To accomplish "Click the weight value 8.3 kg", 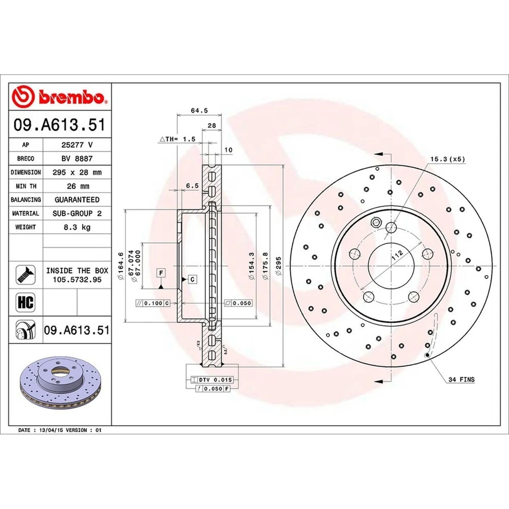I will pyautogui.click(x=77, y=227).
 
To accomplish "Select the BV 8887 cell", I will pyautogui.click(x=77, y=158).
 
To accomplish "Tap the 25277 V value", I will pyautogui.click(x=77, y=144).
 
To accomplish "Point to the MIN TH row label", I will pyautogui.click(x=26, y=186).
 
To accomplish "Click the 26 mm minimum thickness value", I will pyautogui.click(x=77, y=186).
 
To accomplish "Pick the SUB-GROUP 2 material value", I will pyautogui.click(x=77, y=213).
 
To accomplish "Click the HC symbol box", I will pyautogui.click(x=26, y=303).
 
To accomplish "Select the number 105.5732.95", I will pyautogui.click(x=77, y=279).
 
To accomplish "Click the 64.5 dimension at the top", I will pyautogui.click(x=199, y=111).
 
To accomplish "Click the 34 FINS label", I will pyautogui.click(x=461, y=380).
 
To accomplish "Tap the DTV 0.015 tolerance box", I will pyautogui.click(x=215, y=380).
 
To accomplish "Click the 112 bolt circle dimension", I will pyautogui.click(x=395, y=256).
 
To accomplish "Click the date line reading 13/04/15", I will pyautogui.click(x=59, y=431).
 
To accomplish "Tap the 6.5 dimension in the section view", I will pyautogui.click(x=192, y=186).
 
